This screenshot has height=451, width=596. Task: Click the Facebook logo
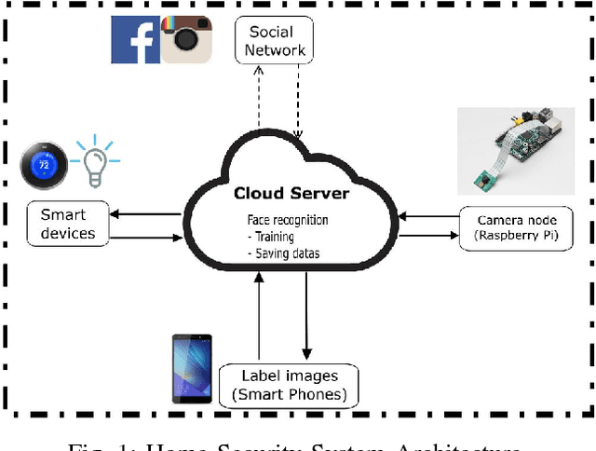click(136, 39)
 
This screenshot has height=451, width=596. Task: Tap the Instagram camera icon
click(186, 39)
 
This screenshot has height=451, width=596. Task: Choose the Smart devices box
click(68, 224)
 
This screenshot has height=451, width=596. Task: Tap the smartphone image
click(192, 369)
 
